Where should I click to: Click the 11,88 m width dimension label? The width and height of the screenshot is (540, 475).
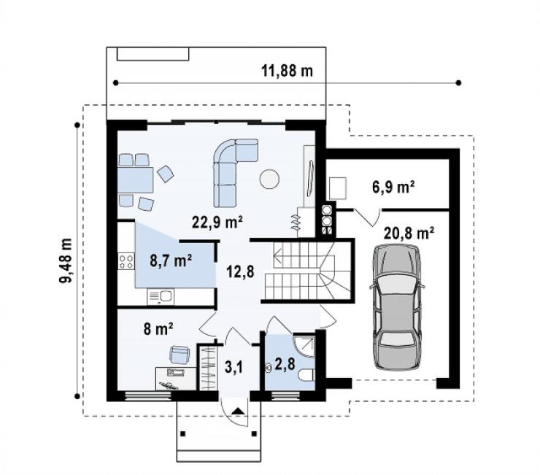pos(288,71)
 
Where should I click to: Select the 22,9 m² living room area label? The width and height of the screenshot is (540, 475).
pos(217,222)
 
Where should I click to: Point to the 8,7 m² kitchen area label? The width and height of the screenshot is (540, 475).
pos(171,260)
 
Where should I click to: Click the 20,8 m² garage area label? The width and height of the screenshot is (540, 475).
pos(409,233)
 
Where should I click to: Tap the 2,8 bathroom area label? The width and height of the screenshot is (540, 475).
pos(285,364)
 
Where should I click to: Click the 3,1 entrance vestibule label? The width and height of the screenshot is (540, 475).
pos(234,367)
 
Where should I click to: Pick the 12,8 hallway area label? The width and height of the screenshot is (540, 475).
pos(240,271)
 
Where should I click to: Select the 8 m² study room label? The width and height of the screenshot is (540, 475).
pos(158,329)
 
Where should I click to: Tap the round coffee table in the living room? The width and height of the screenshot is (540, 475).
pos(269,179)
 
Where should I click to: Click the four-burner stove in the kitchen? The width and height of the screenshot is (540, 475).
pos(126,261)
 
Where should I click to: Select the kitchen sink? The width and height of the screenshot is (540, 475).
pos(161,297)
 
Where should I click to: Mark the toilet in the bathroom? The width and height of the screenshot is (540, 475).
pos(307,375)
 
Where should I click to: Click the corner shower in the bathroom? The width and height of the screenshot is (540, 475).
pos(304,345)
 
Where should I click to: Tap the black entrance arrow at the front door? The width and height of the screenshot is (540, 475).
pos(237,411)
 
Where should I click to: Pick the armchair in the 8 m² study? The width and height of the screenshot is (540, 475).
pos(180,355)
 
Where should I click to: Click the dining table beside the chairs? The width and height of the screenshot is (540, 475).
pos(135,179)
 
